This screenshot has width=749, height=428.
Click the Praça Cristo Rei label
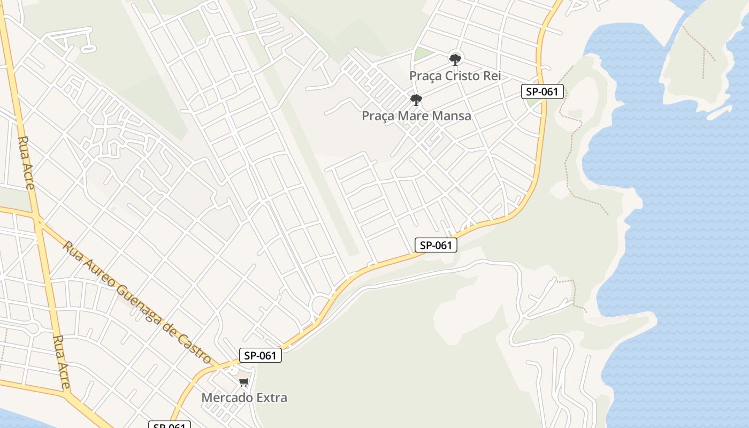[455, 76]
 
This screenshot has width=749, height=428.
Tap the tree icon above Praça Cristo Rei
[455, 59]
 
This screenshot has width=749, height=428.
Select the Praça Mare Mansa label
[416, 116]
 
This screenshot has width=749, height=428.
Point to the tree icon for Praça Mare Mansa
[416, 100]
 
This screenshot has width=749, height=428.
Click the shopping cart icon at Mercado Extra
[244, 382]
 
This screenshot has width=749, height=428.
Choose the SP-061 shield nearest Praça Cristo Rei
[542, 91]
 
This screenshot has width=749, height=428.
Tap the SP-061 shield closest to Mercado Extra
[260, 355]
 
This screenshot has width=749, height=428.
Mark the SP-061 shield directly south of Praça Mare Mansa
[436, 246]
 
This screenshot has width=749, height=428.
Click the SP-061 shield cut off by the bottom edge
[169, 425]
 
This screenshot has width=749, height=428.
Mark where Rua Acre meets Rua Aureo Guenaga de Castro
[39, 221]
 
